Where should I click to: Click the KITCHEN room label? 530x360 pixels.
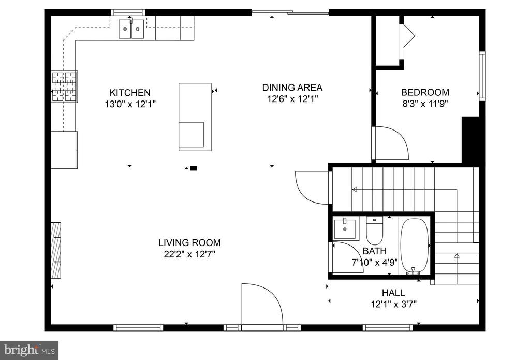point(130,92)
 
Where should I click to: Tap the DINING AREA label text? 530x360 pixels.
point(292,88)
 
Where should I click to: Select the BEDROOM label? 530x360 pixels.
point(425,92)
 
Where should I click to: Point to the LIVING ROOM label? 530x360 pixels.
point(189,242)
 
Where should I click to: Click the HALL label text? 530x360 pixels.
point(393,293)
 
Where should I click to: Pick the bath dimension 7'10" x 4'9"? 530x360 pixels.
point(375,262)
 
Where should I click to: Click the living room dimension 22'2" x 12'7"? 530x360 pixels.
point(189,254)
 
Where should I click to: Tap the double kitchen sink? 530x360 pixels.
point(131,29)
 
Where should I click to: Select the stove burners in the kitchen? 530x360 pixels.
point(64,87)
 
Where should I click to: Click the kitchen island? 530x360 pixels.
point(195,117)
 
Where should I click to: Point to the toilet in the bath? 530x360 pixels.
point(374,231)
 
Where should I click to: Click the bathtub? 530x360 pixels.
point(415,246)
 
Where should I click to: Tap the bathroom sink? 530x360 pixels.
point(344,229)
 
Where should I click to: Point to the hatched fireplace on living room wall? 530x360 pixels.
point(56,250)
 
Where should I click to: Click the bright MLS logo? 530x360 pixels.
point(29,350)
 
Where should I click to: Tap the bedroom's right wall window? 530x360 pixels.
point(482,76)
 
